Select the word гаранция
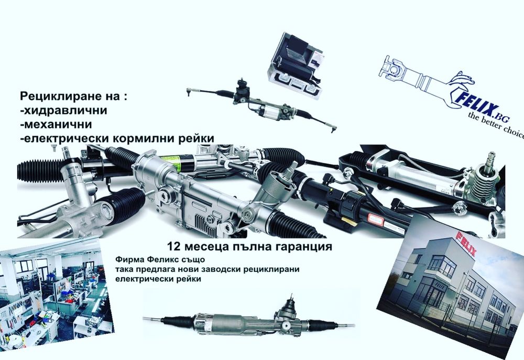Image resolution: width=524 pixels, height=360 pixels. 302,245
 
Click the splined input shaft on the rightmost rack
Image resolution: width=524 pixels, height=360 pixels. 490,157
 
